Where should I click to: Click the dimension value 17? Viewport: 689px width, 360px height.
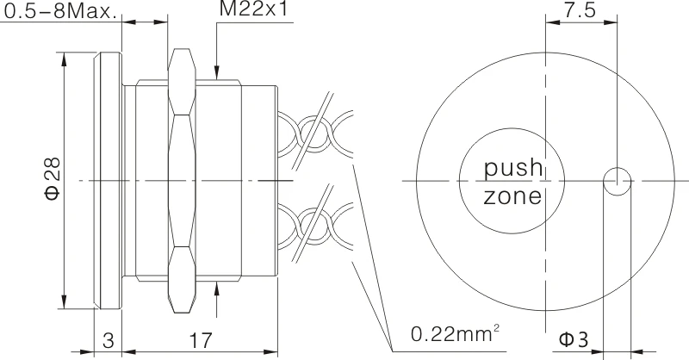(x=200, y=339)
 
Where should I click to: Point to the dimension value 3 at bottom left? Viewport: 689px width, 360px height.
(x=109, y=339)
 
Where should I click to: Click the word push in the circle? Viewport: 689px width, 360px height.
(x=512, y=165)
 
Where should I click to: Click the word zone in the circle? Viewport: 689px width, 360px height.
(x=512, y=197)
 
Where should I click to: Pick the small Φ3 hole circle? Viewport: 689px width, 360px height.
(x=617, y=181)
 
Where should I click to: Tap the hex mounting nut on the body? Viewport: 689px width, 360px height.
(x=182, y=181)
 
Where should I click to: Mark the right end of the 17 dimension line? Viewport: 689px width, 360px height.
(x=276, y=351)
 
